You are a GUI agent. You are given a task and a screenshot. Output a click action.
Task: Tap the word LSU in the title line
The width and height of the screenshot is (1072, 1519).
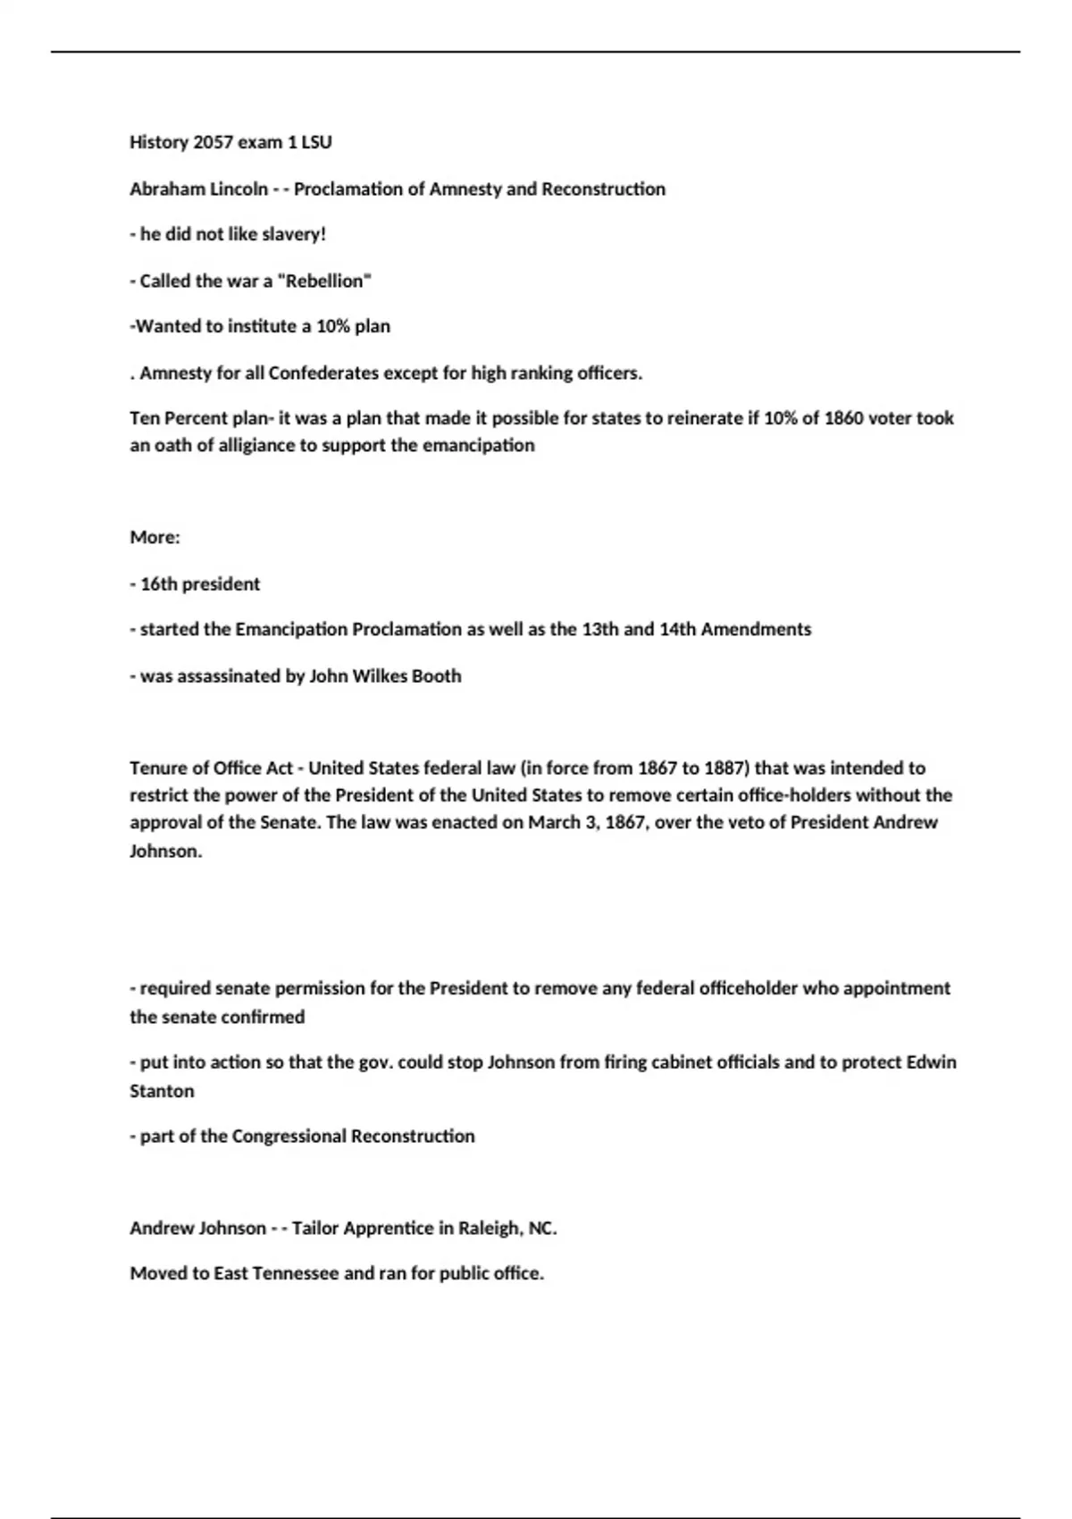tap(316, 142)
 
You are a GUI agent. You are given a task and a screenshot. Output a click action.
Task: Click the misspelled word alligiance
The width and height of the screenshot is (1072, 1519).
tap(245, 445)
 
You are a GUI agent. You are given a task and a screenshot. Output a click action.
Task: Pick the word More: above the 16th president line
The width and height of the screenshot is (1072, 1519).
tap(155, 537)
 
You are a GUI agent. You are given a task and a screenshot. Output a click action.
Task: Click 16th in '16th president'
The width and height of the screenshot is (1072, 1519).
tap(159, 583)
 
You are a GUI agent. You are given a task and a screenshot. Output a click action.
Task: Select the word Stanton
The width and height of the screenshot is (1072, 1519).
tap(162, 1090)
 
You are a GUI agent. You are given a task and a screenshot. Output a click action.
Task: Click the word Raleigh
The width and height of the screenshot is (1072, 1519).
tap(489, 1228)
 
